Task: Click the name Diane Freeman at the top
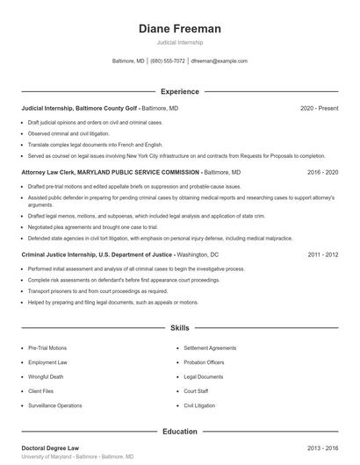point(180,29)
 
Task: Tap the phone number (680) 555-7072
point(168,61)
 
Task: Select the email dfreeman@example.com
point(219,61)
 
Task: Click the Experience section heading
point(180,91)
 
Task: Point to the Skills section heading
point(180,328)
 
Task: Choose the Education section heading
point(180,432)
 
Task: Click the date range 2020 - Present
point(320,108)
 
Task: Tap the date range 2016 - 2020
point(323,173)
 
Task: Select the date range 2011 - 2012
point(323,254)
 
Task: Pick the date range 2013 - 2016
point(323,447)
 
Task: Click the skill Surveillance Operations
point(55,405)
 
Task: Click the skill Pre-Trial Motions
point(47,347)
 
